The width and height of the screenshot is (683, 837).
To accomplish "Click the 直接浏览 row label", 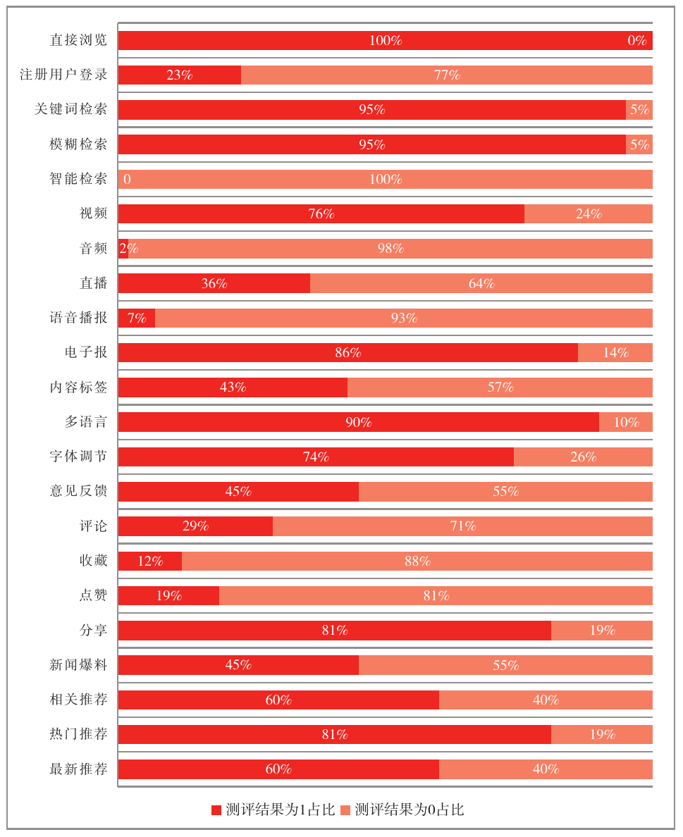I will pos(78,40).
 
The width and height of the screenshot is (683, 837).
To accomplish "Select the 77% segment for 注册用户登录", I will pos(446,75).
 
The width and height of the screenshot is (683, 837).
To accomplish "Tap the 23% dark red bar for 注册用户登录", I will pos(179,75).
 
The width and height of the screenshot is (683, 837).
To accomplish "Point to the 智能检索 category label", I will pos(78,179).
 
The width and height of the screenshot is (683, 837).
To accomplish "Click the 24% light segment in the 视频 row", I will pos(588,213).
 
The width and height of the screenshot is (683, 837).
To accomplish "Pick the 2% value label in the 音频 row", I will pos(128,248).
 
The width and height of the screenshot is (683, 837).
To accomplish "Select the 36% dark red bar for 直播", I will pos(214,283).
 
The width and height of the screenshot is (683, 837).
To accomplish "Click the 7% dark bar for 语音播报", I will pos(136,318).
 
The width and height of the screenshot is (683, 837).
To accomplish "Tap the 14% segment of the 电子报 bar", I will pos(615,352).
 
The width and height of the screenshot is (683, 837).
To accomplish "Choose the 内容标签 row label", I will pos(78,387).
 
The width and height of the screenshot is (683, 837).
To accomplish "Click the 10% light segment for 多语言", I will pos(625,422).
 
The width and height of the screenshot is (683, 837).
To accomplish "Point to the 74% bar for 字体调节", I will pos(316,457).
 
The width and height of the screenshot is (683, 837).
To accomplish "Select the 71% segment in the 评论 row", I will pos(462,526).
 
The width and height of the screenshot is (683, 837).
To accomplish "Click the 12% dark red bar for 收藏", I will pos(149,561).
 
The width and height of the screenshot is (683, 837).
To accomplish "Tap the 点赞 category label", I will pos(93,595).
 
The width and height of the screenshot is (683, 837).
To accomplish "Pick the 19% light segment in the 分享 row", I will pos(602,630).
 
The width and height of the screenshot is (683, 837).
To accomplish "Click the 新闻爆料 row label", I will pos(78,664).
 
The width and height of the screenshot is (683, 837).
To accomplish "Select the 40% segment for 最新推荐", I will pos(546,769).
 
